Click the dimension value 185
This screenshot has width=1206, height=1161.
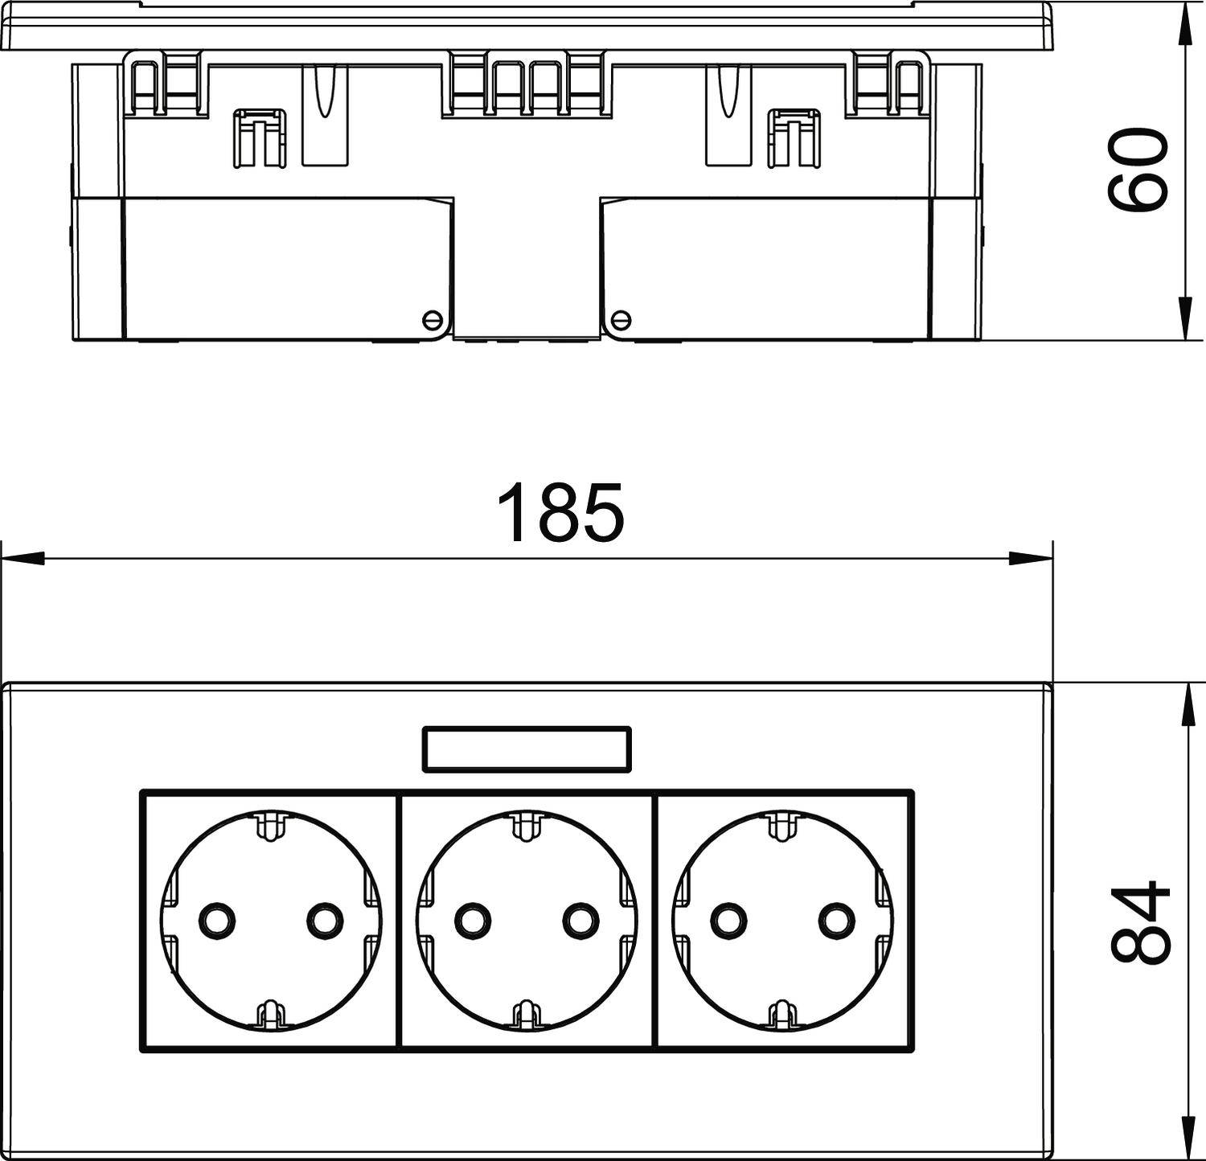click(x=560, y=511)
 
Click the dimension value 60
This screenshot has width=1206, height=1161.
click(x=1137, y=171)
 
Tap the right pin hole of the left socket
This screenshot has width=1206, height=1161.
click(x=324, y=920)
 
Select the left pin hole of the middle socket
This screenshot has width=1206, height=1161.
click(x=471, y=920)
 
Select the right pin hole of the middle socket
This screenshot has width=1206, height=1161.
click(x=580, y=920)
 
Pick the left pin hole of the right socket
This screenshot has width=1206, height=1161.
click(x=728, y=920)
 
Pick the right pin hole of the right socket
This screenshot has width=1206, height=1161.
click(x=836, y=920)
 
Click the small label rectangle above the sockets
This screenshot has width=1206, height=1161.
click(x=527, y=749)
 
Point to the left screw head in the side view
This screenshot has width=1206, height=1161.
click(x=433, y=320)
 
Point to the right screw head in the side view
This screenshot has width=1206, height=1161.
click(x=621, y=320)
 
